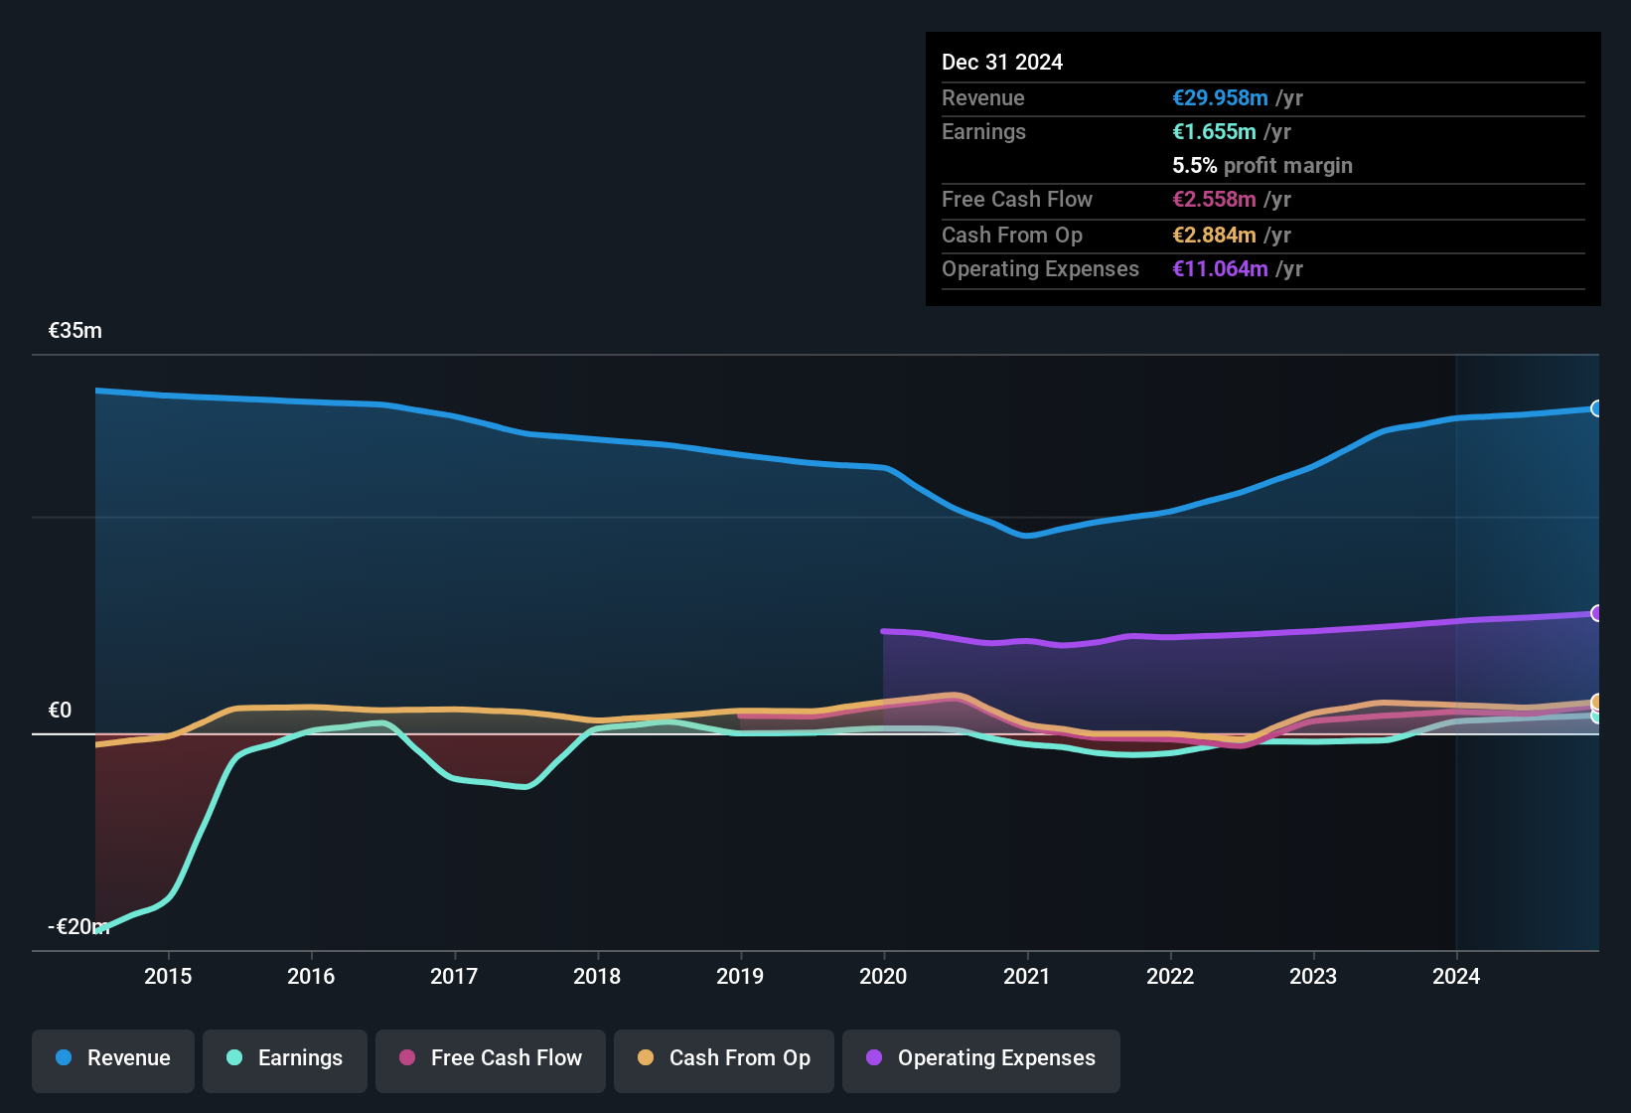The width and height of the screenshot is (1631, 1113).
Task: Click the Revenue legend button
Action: pyautogui.click(x=113, y=1059)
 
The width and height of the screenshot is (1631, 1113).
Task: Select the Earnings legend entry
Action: pyautogui.click(x=285, y=1059)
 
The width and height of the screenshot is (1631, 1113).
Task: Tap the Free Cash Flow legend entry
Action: pyautogui.click(x=491, y=1059)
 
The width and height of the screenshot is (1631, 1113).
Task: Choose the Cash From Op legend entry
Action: pyautogui.click(x=724, y=1059)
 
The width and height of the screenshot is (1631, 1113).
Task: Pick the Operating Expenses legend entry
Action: pyautogui.click(x=981, y=1059)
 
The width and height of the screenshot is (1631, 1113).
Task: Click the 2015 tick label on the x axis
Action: pyautogui.click(x=168, y=976)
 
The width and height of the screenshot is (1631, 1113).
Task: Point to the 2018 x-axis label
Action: pyautogui.click(x=597, y=976)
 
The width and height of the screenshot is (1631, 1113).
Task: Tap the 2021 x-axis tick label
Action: pyautogui.click(x=1026, y=976)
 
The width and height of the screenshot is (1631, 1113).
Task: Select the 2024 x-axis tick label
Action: pyautogui.click(x=1455, y=976)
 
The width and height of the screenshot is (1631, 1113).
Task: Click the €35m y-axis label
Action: pyautogui.click(x=75, y=331)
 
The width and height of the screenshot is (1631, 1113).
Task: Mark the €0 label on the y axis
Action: pyautogui.click(x=61, y=710)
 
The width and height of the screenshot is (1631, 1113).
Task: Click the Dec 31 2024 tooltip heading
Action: pyautogui.click(x=1001, y=63)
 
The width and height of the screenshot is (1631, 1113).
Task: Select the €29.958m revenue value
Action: pyautogui.click(x=1220, y=98)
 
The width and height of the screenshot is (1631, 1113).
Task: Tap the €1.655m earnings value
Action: pyautogui.click(x=1214, y=132)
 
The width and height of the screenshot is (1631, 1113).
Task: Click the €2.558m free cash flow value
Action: pyautogui.click(x=1214, y=200)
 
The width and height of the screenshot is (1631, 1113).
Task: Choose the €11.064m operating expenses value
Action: pyautogui.click(x=1220, y=269)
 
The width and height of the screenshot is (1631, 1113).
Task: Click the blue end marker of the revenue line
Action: pyautogui.click(x=1596, y=408)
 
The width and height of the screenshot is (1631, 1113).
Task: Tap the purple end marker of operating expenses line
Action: pyautogui.click(x=1596, y=613)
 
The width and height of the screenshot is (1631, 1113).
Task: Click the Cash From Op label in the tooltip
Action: pyautogui.click(x=1011, y=236)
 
